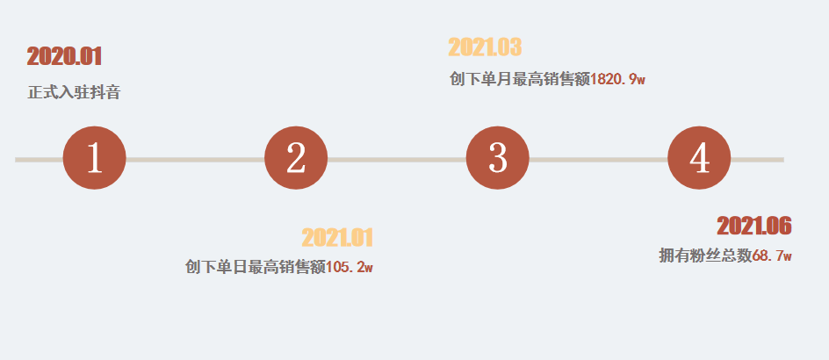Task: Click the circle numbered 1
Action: click(x=95, y=159)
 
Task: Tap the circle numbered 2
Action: click(x=296, y=159)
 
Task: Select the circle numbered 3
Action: click(x=498, y=159)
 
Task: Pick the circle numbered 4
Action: click(x=699, y=159)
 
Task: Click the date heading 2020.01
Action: click(x=65, y=57)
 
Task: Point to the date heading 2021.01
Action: click(x=338, y=238)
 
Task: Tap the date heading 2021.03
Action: click(x=485, y=47)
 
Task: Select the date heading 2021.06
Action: click(x=754, y=227)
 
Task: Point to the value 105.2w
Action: click(x=350, y=267)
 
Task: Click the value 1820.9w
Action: click(x=617, y=79)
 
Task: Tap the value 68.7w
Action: click(x=772, y=256)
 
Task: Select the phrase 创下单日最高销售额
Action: click(x=256, y=267)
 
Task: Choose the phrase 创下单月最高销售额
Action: click(x=519, y=79)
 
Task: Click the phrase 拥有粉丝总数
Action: click(x=705, y=256)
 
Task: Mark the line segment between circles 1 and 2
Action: click(x=195, y=160)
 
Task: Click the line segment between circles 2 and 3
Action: click(x=397, y=160)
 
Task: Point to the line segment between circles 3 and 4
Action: click(x=598, y=160)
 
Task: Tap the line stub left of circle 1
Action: click(x=39, y=160)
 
